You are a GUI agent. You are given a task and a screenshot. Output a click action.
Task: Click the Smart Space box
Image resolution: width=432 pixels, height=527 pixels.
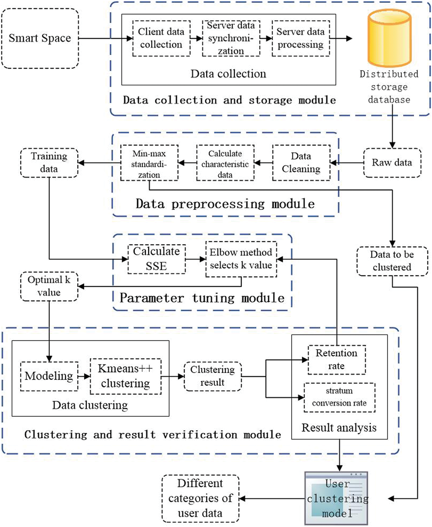pyautogui.click(x=40, y=38)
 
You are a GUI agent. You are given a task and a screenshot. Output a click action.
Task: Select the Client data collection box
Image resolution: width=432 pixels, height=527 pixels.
pyautogui.click(x=161, y=38)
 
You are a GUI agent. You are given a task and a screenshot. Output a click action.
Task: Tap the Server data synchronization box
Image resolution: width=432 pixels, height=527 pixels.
pyautogui.click(x=231, y=38)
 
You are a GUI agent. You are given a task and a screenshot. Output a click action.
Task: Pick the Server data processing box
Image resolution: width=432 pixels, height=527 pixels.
pyautogui.click(x=301, y=38)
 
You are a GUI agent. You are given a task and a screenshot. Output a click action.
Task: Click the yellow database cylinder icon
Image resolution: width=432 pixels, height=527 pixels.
pyautogui.click(x=389, y=38)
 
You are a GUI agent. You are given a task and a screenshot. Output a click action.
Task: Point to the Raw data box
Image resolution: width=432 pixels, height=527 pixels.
pyautogui.click(x=392, y=163)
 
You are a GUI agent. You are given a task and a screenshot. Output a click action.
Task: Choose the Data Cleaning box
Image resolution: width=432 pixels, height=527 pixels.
pyautogui.click(x=301, y=163)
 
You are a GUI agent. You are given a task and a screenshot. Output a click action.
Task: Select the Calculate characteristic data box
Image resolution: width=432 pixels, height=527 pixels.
pyautogui.click(x=225, y=163)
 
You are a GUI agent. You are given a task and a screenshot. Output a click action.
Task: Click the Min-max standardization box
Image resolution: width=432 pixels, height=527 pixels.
pyautogui.click(x=149, y=163)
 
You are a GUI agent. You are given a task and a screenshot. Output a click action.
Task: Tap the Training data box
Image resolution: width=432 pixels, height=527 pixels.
pyautogui.click(x=49, y=163)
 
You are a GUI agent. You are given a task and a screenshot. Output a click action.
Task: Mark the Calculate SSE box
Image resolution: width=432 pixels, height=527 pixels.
pyautogui.click(x=156, y=259)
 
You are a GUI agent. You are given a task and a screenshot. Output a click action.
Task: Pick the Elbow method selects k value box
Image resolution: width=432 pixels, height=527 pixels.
pyautogui.click(x=241, y=259)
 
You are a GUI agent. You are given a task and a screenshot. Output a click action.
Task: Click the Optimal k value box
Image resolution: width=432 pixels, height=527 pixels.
pyautogui.click(x=49, y=286)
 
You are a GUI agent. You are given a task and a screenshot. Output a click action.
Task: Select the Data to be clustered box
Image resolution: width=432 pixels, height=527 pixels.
pyautogui.click(x=392, y=261)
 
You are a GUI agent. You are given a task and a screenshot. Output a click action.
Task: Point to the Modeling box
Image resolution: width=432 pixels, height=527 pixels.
pyautogui.click(x=49, y=376)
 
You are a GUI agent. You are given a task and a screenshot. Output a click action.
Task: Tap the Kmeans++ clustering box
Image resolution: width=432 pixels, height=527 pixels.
pyautogui.click(x=125, y=376)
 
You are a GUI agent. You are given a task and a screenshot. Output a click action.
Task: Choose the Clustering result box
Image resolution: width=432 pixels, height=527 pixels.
pyautogui.click(x=212, y=376)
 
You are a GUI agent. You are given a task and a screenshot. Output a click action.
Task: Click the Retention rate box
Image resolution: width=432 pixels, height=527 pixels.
pyautogui.click(x=337, y=360)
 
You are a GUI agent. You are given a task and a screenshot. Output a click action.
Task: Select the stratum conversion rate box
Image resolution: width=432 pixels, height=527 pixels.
pyautogui.click(x=339, y=397)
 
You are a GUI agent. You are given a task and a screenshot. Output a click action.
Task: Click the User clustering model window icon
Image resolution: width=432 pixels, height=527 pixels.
pyautogui.click(x=336, y=498)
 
